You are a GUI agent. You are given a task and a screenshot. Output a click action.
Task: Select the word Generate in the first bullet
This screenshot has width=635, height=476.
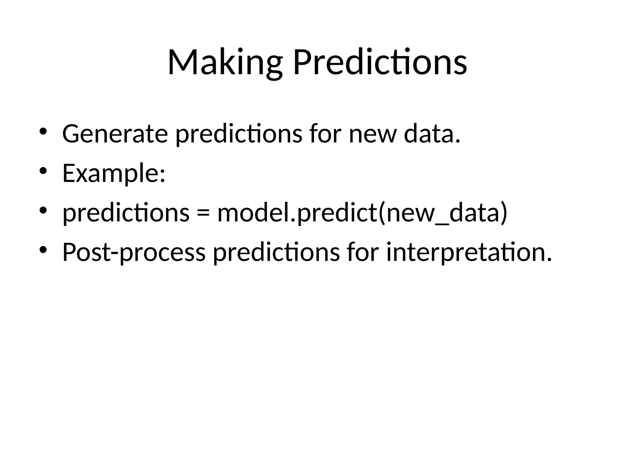115,134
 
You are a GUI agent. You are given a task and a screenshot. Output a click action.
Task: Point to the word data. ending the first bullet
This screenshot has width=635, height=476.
432,134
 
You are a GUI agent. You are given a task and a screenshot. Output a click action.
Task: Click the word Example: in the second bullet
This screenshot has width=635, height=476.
114,174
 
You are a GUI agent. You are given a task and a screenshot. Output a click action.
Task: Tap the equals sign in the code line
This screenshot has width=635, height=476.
203,213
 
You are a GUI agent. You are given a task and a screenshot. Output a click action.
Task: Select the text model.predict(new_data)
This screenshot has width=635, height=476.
362,213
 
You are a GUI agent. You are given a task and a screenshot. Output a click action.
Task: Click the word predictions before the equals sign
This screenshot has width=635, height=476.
126,213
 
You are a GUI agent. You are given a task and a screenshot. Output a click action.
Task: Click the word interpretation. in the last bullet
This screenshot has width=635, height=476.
469,253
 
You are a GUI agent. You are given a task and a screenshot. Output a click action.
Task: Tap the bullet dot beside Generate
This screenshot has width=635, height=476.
43,131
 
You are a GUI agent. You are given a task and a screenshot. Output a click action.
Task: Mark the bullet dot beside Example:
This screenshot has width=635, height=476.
43,171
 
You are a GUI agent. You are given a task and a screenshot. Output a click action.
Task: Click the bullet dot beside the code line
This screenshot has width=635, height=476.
43,210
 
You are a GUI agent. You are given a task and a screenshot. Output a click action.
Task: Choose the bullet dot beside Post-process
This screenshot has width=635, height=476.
43,250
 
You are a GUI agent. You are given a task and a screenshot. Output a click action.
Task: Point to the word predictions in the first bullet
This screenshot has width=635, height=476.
239,134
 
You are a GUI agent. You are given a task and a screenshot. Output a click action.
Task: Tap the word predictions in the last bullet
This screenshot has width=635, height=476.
276,253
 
